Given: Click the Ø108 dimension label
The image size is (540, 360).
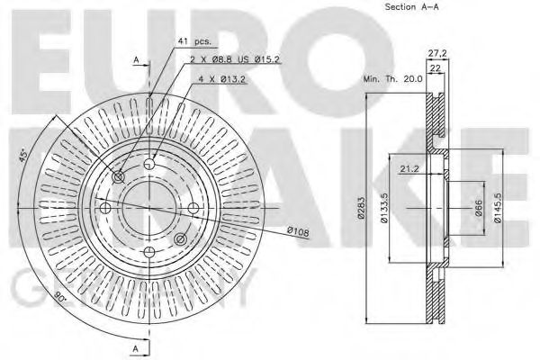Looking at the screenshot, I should click(299, 233).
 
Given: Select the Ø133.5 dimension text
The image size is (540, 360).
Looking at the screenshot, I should click(384, 210).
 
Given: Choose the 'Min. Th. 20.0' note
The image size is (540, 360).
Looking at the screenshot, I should click(393, 79).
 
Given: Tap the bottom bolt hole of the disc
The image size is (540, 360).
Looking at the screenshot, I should click(149, 253).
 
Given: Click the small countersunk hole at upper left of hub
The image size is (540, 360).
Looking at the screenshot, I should click(119, 177).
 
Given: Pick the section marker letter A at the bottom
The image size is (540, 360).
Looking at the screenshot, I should click(136, 347).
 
